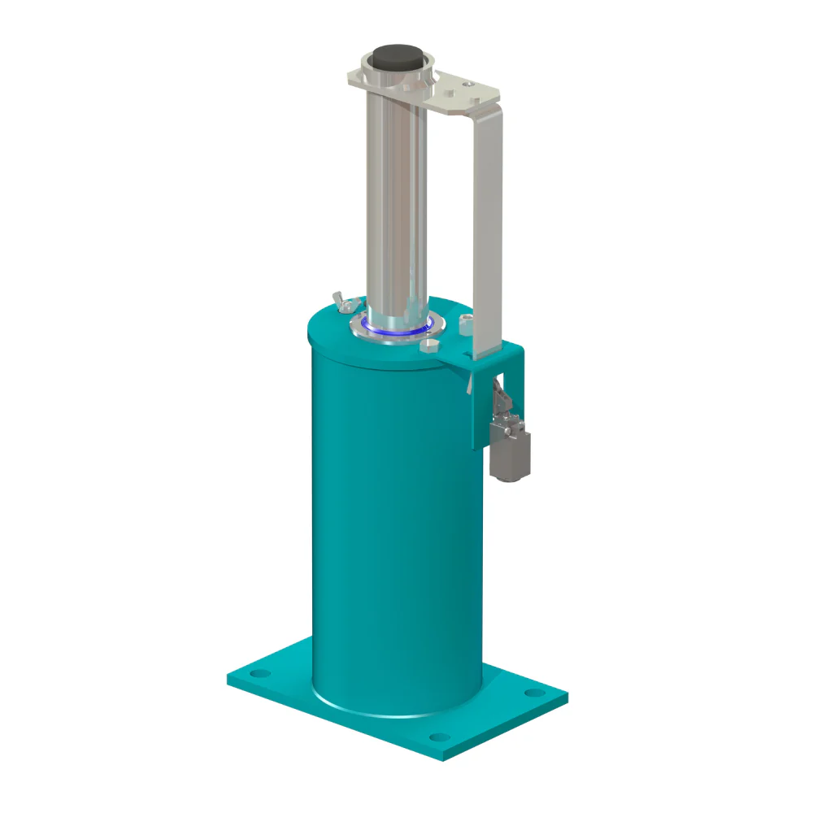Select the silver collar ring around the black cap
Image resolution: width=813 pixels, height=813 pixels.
371,79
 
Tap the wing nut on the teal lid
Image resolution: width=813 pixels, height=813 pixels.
342,302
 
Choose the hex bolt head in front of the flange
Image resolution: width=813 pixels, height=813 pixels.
428,346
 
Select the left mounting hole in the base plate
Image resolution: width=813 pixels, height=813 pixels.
259,674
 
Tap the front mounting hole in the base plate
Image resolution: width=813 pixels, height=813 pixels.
439,738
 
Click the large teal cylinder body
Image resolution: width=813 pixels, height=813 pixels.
390,528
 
